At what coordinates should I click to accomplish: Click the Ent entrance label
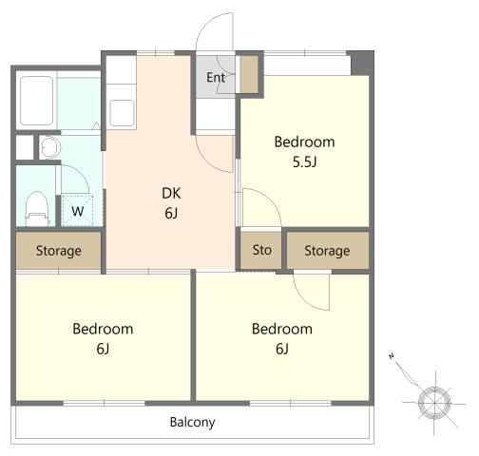pos(216,78)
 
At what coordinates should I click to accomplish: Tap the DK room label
pos(171,193)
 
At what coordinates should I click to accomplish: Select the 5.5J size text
pos(304,162)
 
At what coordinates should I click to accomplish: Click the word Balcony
pos(192,423)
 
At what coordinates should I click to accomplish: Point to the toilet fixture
pos(37,209)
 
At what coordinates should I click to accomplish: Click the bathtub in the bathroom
pos(36,101)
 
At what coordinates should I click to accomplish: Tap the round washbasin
pos(50,147)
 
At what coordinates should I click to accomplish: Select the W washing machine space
pos(77,211)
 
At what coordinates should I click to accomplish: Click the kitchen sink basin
pos(122,113)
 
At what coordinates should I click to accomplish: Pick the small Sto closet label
pos(262,250)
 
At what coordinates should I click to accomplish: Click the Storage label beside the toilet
pos(59,251)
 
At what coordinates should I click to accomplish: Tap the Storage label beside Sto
pos(327,251)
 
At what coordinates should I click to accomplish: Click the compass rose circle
pos(434,403)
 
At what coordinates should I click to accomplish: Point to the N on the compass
pos(392,356)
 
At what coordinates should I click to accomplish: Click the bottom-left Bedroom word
pos(103,329)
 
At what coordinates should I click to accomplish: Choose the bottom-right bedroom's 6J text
pos(282,349)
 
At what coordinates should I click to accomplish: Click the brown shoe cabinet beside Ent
pos(249,74)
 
